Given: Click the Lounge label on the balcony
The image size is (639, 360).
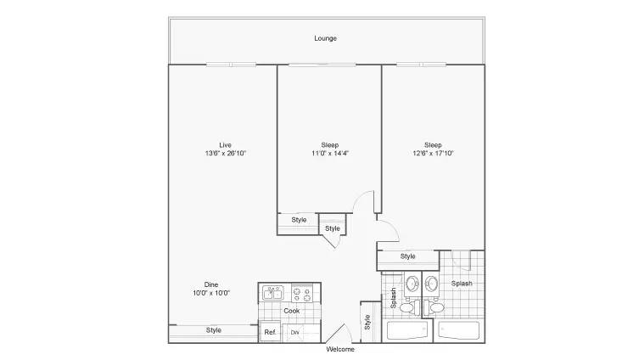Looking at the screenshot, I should (325, 38).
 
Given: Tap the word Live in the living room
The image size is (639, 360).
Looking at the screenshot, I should (225, 144).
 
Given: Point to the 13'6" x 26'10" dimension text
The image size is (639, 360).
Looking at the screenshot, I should (225, 154).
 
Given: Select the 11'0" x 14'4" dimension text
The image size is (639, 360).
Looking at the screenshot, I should (329, 154).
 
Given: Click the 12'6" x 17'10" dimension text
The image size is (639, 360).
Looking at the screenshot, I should (433, 154).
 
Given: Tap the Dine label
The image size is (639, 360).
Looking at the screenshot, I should (212, 284).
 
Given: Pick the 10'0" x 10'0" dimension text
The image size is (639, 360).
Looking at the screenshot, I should (212, 293).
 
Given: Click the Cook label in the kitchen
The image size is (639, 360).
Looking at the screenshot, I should (291, 311).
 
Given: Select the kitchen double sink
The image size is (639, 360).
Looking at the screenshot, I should (273, 293).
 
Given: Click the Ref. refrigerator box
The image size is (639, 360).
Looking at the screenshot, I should (269, 332).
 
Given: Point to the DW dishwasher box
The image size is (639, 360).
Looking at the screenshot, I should (294, 332).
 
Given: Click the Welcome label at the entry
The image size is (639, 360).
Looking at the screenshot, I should (340, 349).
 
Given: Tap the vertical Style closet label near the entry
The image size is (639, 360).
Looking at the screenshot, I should (367, 322).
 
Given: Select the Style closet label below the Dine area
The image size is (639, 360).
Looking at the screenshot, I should (213, 330).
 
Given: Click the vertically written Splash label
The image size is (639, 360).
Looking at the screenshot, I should (394, 298).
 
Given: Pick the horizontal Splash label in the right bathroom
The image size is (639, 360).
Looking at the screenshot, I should (462, 284).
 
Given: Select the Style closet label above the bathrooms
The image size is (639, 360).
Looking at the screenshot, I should (407, 256).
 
